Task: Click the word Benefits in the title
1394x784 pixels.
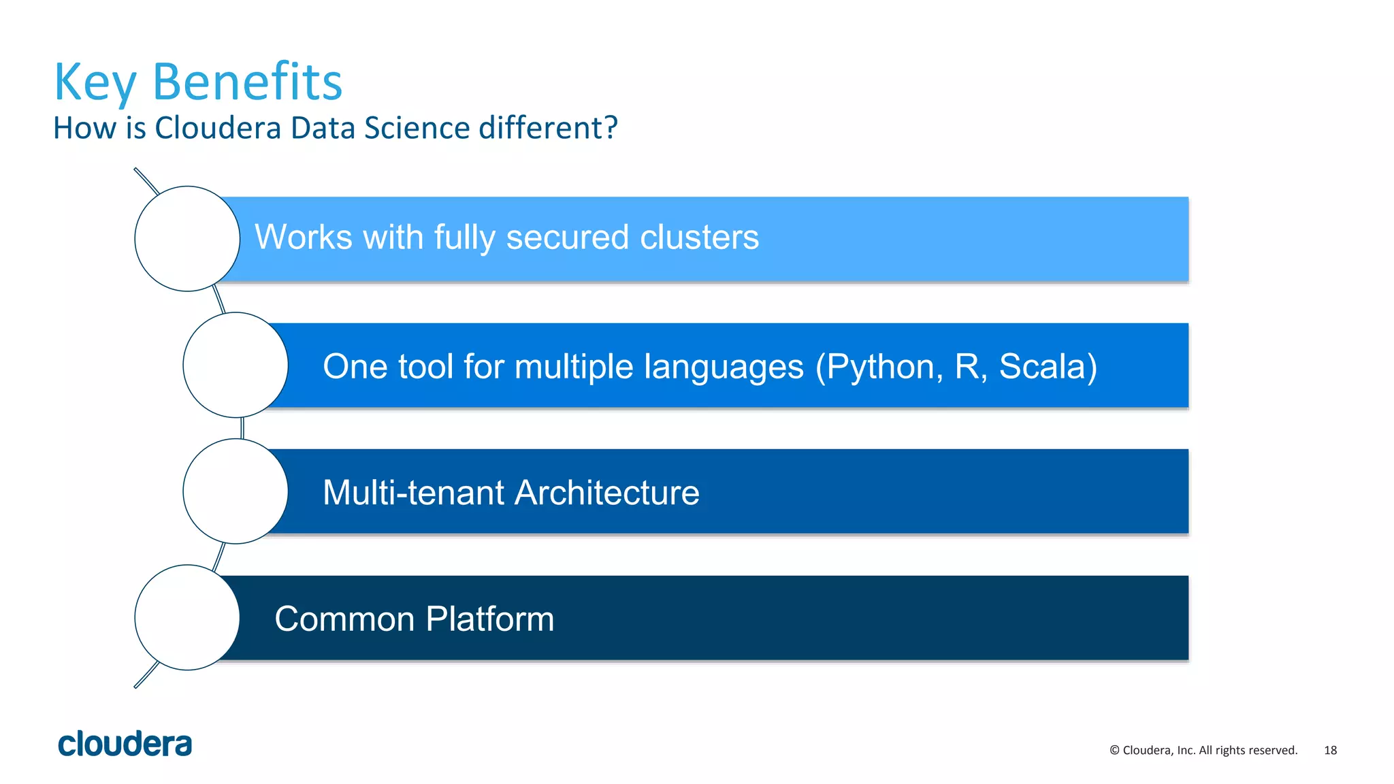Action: [247, 82]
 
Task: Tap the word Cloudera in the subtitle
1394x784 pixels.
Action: [218, 128]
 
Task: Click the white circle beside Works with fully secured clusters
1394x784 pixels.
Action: [187, 239]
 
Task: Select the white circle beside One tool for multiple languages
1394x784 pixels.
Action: [236, 365]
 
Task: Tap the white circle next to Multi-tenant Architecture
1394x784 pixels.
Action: [236, 491]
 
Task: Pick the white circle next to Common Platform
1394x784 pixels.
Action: [187, 617]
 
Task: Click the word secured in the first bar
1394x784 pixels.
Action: [567, 238]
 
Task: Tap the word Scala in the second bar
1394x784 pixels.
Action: [1043, 366]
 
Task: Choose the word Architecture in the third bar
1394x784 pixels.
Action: [606, 493]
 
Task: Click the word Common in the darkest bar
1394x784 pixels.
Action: [344, 619]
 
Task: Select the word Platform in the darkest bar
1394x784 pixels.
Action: [490, 619]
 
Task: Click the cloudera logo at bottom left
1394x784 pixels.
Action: [125, 744]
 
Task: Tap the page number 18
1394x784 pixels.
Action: [1330, 750]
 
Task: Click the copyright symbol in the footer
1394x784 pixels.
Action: [1114, 750]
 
